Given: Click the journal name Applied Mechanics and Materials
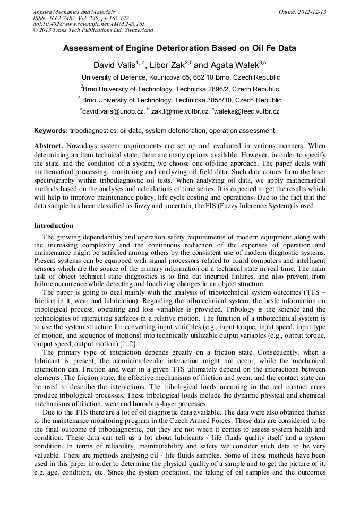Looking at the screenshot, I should click(73, 12).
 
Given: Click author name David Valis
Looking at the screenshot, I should click(113, 65).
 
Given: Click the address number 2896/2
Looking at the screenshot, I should click(217, 89).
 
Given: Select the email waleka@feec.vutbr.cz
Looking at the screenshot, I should click(247, 112).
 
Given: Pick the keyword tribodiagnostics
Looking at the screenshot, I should click(93, 131).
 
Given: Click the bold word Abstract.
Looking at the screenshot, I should click(48, 145).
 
